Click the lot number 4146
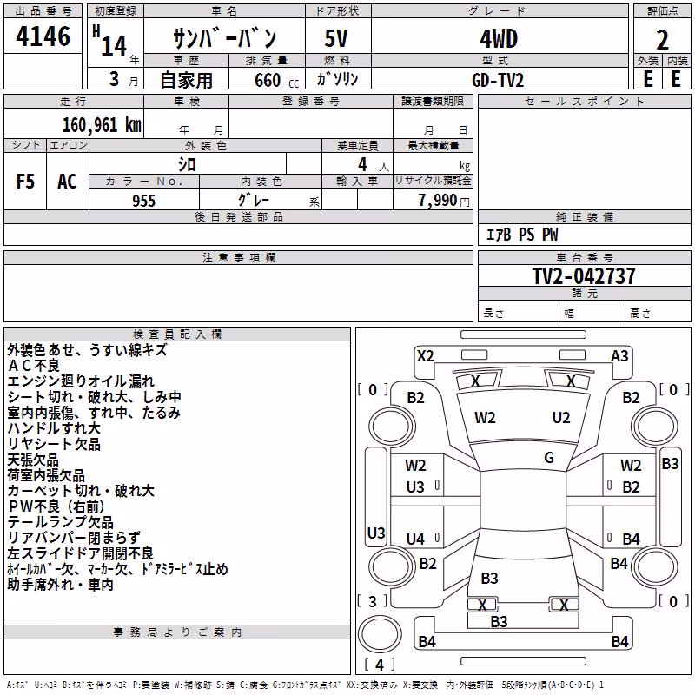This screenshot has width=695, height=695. [x=43, y=36]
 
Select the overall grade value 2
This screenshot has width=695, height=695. [x=662, y=40]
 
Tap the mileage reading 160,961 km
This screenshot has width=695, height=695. [x=102, y=125]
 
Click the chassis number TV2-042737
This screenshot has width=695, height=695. [x=584, y=275]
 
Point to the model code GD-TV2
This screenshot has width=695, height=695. [x=498, y=80]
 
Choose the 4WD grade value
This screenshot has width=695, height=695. [x=499, y=39]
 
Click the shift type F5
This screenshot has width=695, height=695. [x=25, y=182]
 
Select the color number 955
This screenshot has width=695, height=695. [x=144, y=201]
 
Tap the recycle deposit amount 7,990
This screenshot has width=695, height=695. [x=438, y=201]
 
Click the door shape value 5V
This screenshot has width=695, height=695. [x=336, y=38]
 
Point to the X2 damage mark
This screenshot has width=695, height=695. [x=426, y=356]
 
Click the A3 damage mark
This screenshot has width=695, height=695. [x=619, y=356]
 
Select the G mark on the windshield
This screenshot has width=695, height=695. [x=549, y=458]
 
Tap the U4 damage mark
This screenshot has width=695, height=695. [x=415, y=539]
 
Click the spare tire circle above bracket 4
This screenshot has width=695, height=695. [x=380, y=634]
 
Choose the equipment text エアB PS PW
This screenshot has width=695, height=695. [x=522, y=235]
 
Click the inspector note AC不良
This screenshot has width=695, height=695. [x=34, y=366]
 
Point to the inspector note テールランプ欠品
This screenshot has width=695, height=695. [x=60, y=522]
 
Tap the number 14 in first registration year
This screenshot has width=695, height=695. [x=114, y=46]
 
